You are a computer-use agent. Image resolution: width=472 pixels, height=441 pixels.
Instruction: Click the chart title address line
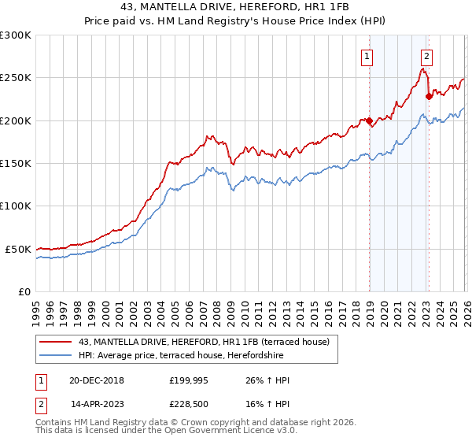(x=235, y=7)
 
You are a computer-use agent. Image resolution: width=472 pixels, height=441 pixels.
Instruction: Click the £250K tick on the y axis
(x=16, y=78)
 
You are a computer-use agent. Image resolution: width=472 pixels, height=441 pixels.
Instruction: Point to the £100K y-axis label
(x=16, y=206)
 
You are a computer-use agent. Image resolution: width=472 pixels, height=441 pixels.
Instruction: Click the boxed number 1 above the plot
(x=367, y=56)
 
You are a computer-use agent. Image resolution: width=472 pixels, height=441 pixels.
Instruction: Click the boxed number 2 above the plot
(x=426, y=56)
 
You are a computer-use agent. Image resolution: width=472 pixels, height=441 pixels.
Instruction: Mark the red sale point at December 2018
(x=369, y=120)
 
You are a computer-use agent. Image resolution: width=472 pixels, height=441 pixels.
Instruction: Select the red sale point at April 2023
(x=429, y=97)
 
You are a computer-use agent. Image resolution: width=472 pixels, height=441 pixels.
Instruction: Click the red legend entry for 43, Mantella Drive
(x=208, y=342)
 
